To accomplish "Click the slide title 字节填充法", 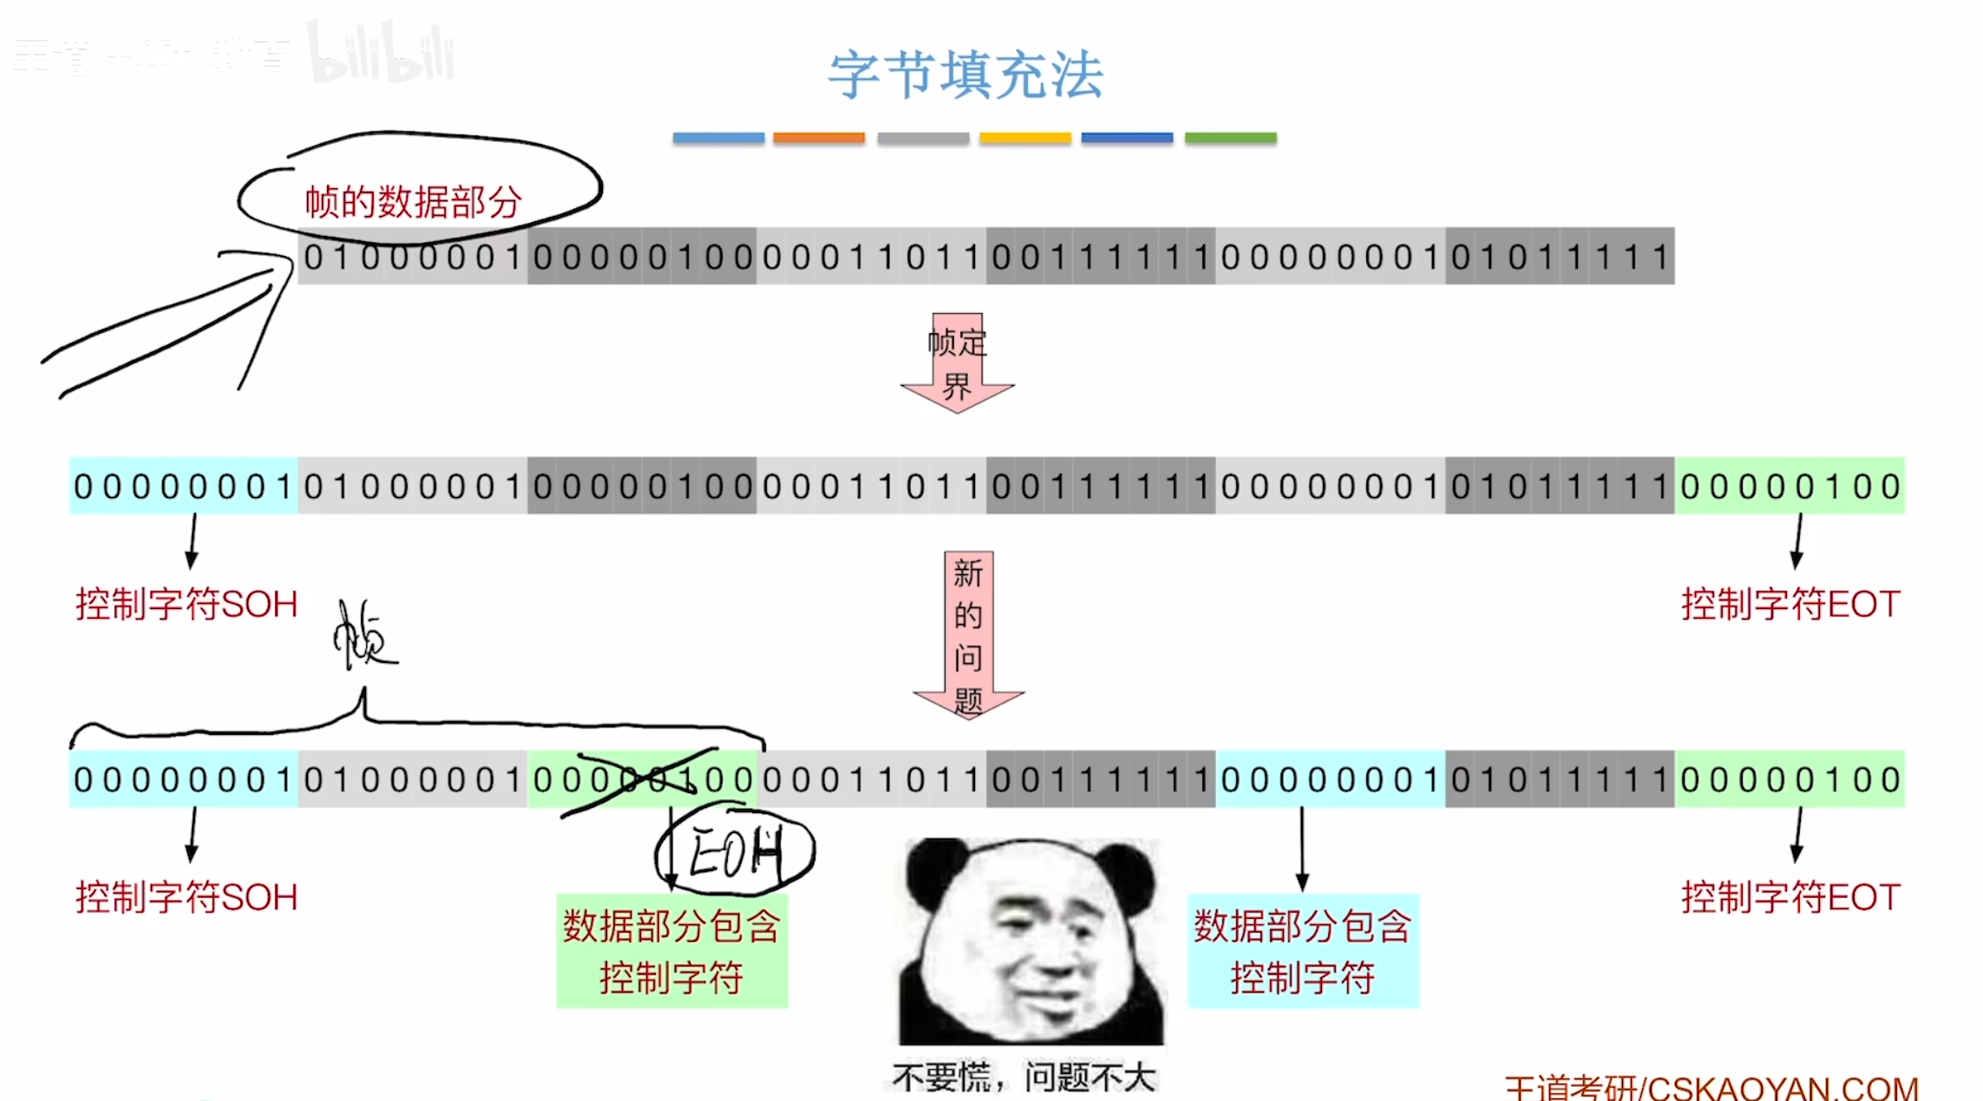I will pos(965,75).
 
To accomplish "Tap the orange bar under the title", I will pos(819,138).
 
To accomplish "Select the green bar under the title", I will pos(1230,138).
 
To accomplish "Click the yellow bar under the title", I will pos(1025,138).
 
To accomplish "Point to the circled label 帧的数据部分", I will pos(413,201).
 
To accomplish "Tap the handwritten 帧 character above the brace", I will pos(363,638).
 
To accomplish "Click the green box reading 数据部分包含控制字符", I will pos(671,951).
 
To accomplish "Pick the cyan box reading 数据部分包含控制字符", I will pos(1302,951).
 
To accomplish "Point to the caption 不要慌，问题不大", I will pos(1024,1078).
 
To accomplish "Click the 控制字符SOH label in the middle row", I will pos(187,604).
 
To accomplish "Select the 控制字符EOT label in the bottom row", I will pos(1790,897).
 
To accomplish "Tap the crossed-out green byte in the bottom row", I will pos(642,779).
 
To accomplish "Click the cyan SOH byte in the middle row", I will pos(183,486).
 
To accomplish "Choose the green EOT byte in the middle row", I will pos(1790,486).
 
